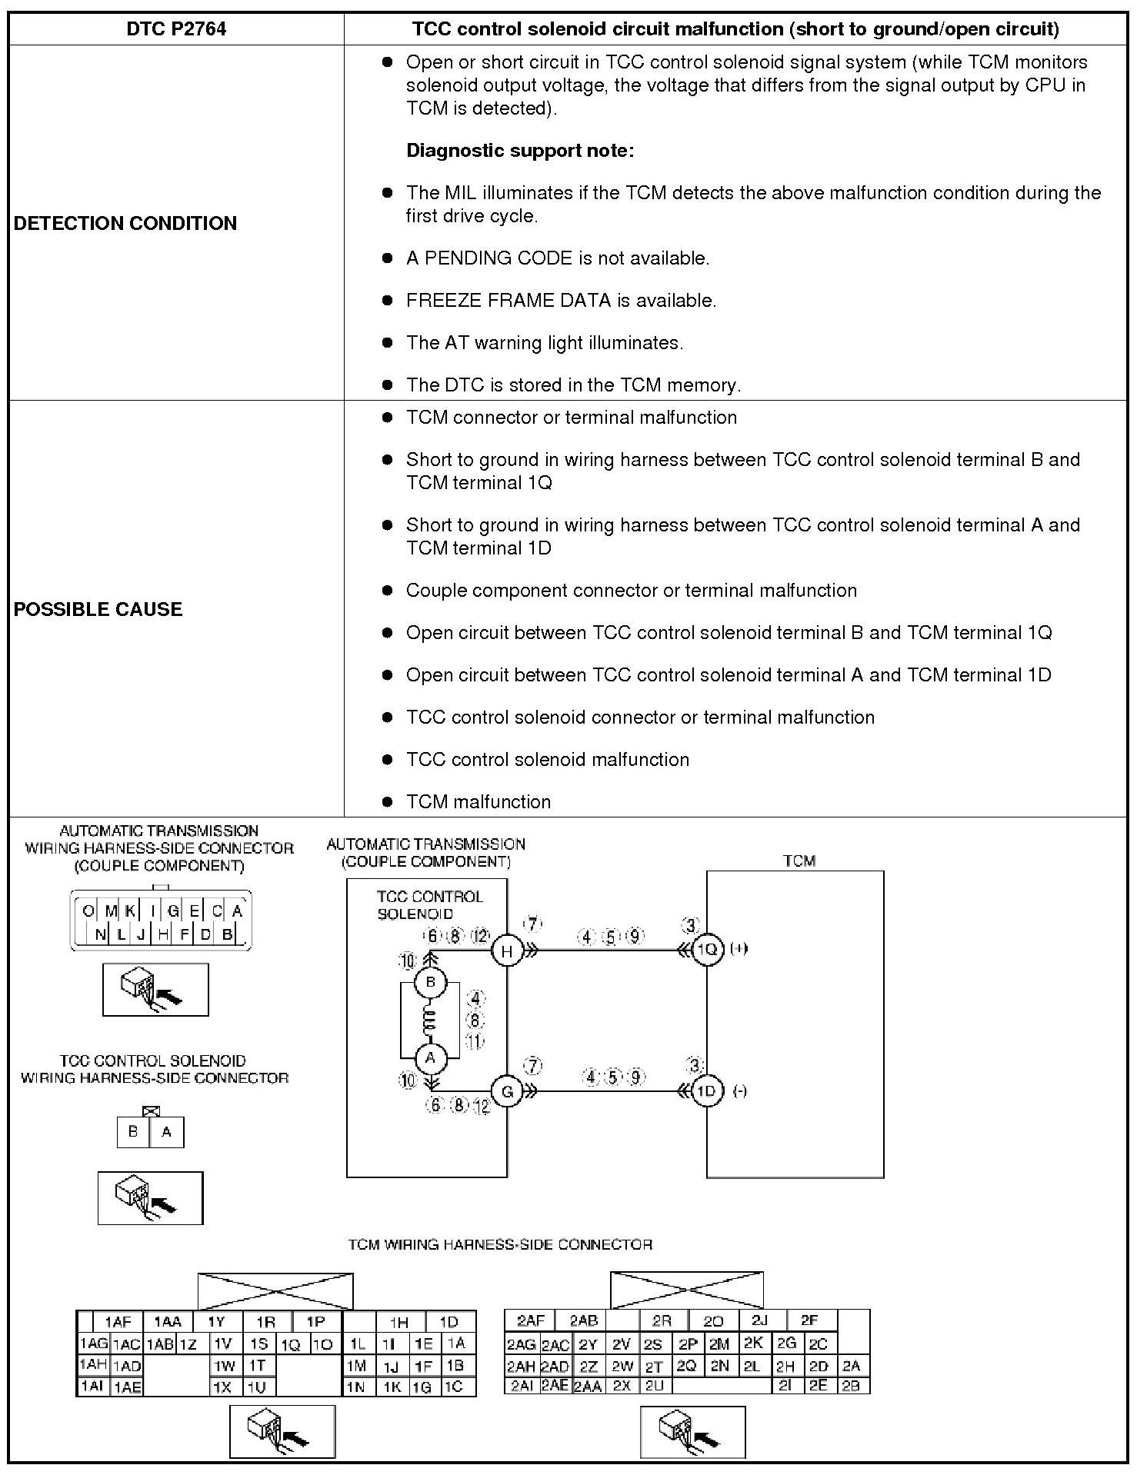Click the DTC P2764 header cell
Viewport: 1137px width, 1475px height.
click(176, 29)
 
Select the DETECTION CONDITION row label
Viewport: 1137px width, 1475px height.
click(125, 223)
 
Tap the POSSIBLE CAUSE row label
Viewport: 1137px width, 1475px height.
click(98, 609)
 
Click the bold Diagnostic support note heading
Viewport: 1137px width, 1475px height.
click(520, 151)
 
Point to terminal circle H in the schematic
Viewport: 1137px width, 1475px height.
click(507, 951)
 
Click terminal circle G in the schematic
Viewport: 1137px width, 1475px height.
click(507, 1091)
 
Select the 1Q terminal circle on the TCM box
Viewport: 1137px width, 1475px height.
click(706, 950)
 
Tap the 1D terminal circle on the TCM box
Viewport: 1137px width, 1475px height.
click(706, 1091)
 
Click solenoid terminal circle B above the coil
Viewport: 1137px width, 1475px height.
click(430, 982)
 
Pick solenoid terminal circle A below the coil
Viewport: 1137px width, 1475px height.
click(430, 1057)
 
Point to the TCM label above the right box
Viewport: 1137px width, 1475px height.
click(799, 861)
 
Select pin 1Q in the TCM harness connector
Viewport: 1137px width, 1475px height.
click(290, 1344)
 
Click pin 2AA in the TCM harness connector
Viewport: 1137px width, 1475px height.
click(589, 1386)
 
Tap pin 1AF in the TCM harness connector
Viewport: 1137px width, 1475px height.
click(118, 1322)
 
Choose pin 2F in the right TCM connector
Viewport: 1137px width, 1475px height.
click(809, 1320)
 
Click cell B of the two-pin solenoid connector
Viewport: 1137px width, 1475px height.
click(134, 1132)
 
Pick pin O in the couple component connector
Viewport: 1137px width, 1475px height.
click(88, 911)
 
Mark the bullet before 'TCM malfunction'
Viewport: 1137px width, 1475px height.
click(388, 801)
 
